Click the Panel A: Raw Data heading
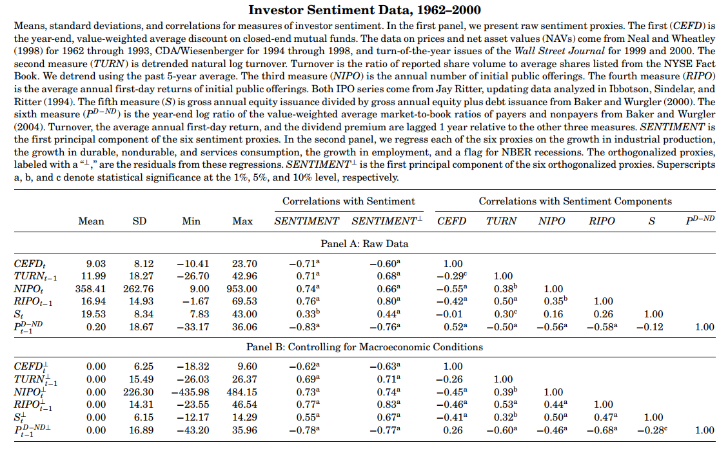(364, 244)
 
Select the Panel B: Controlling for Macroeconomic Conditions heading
(364, 347)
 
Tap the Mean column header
(91, 221)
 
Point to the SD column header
(139, 221)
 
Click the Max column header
(242, 221)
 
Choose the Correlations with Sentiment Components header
(575, 201)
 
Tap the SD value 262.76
(139, 289)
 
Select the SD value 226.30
(139, 392)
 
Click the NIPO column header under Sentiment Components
(551, 221)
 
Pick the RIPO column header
(602, 221)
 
